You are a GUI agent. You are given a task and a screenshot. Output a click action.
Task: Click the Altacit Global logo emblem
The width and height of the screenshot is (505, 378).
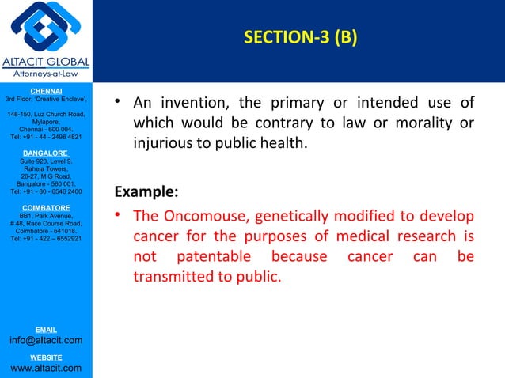tap(46, 28)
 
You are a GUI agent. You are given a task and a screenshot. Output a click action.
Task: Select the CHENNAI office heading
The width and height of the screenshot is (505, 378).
tap(46, 91)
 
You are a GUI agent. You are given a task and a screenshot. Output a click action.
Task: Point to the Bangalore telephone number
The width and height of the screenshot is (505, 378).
tap(46, 191)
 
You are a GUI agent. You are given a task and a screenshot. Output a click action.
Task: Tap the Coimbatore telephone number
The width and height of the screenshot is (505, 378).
tap(46, 239)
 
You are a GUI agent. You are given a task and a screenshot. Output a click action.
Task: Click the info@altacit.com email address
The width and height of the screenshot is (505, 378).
tap(46, 341)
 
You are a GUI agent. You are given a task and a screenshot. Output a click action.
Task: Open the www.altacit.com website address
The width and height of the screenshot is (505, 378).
tap(46, 368)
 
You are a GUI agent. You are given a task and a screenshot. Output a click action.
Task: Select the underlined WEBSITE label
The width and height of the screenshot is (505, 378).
tap(46, 357)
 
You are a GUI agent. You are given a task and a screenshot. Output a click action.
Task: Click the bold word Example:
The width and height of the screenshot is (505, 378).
tap(146, 192)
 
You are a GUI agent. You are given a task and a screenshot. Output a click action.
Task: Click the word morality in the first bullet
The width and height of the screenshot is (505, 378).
tap(424, 124)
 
